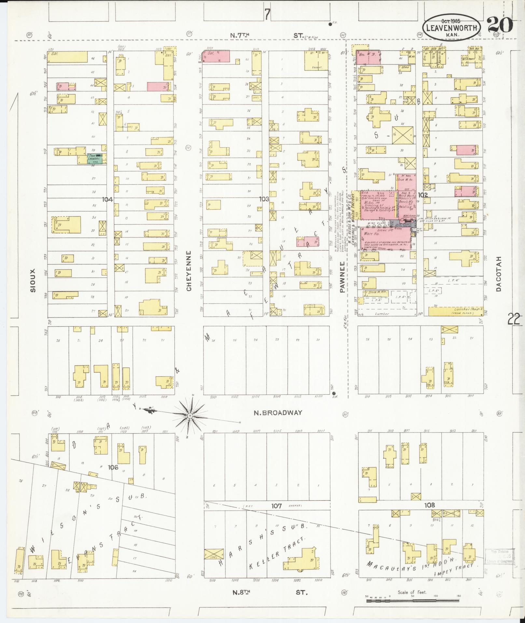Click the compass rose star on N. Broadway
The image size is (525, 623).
point(190,416)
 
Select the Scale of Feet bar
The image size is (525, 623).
point(412,600)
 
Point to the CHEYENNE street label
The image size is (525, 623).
point(189,271)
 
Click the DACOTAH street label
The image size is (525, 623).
point(499,273)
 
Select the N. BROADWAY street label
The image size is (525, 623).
point(278,413)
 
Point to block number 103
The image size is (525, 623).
point(263,199)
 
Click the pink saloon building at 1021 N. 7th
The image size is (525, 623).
point(216,56)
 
